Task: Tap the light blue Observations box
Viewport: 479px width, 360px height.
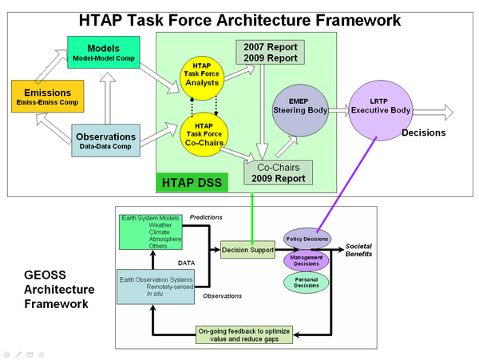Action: tap(105, 141)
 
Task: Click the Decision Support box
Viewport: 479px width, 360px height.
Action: tap(247, 248)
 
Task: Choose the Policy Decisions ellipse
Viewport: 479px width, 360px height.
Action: tap(307, 237)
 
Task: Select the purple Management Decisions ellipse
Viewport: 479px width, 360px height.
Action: tap(307, 261)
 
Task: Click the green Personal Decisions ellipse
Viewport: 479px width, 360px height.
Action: tap(307, 282)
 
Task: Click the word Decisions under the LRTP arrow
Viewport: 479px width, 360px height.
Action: tap(423, 133)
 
